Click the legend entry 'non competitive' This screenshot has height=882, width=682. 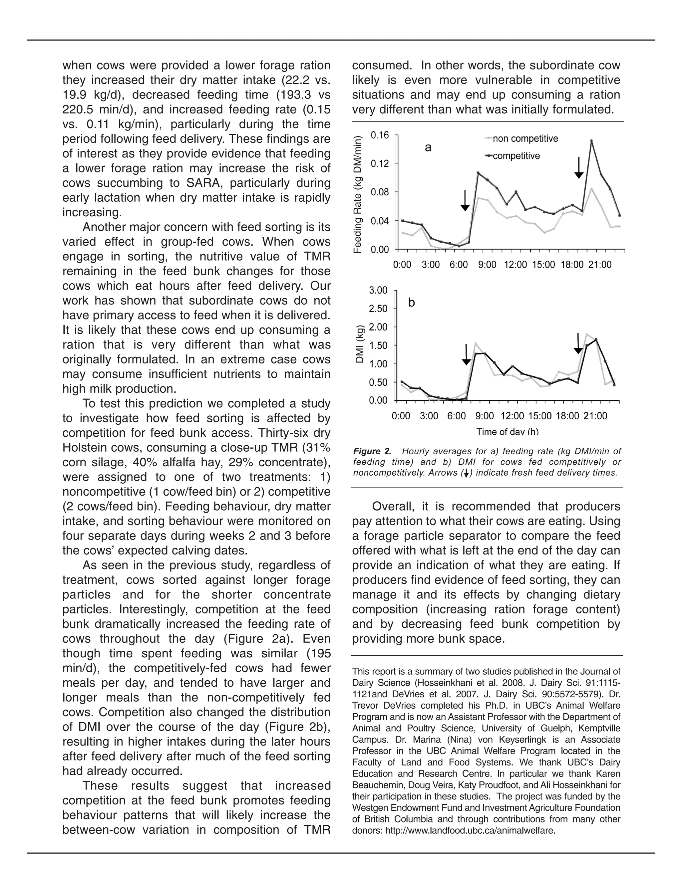525,139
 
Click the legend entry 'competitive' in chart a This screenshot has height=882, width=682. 516,156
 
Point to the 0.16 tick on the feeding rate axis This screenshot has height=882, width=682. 380,135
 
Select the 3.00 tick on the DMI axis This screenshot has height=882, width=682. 378,290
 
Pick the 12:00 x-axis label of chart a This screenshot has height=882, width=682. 515,265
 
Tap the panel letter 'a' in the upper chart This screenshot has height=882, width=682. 428,148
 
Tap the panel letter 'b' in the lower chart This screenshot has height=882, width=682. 411,303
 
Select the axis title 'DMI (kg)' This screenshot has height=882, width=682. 359,344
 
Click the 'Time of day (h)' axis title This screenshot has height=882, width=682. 508,432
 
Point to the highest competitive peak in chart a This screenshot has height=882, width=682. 591,140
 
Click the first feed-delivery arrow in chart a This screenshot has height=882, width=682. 465,200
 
